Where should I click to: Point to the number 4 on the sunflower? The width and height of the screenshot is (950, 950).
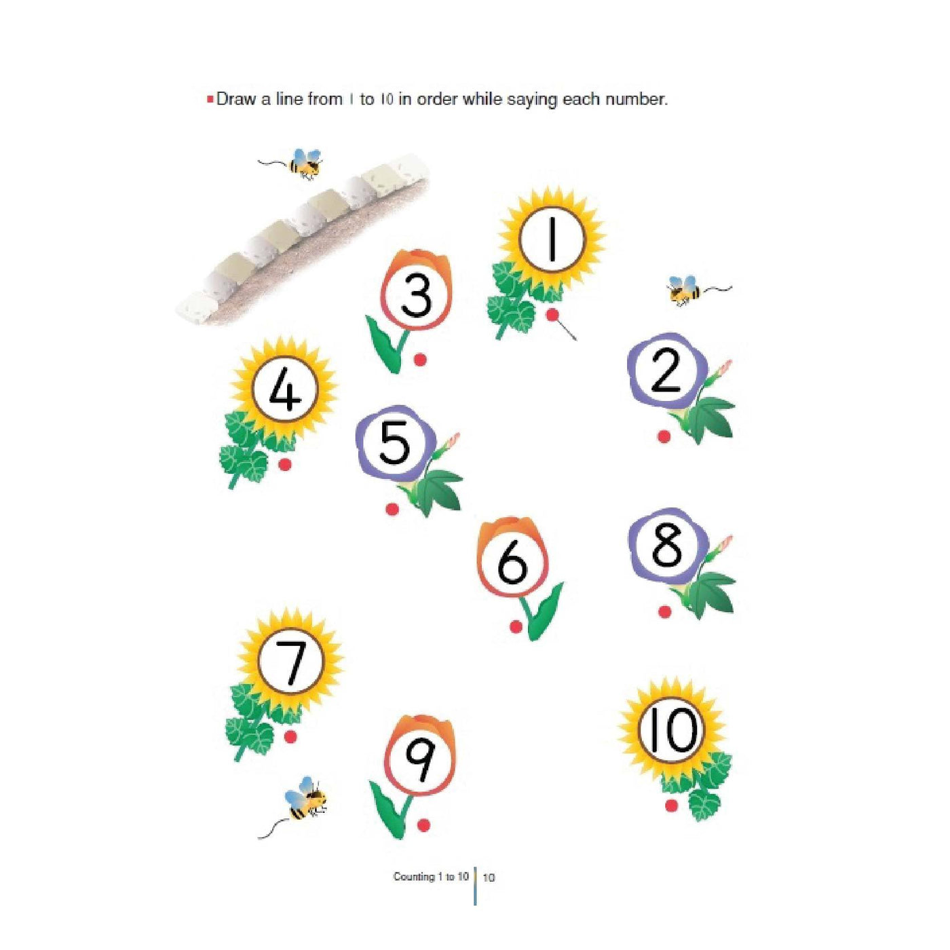pyautogui.click(x=285, y=391)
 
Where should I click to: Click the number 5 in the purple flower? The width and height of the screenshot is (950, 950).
pyautogui.click(x=395, y=443)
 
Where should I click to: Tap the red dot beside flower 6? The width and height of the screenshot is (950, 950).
pyautogui.click(x=516, y=626)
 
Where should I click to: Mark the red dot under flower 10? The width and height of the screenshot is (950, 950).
pyautogui.click(x=670, y=805)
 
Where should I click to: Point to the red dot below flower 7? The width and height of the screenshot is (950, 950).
pyautogui.click(x=290, y=736)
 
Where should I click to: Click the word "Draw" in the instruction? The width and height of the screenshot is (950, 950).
pyautogui.click(x=237, y=100)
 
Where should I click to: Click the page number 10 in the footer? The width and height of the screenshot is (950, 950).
pyautogui.click(x=489, y=877)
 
